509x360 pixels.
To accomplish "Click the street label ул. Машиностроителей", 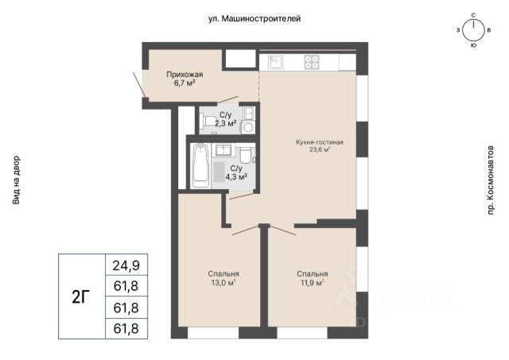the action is tap(254, 19).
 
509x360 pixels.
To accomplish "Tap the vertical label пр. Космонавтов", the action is tap(490, 180).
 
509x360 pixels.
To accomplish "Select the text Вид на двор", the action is tap(16, 180).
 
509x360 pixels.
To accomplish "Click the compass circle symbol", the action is tap(473, 30).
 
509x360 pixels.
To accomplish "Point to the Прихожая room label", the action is tap(185, 75).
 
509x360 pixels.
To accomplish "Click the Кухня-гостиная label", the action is tap(320, 142).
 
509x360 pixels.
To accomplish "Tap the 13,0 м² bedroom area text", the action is tap(223, 283).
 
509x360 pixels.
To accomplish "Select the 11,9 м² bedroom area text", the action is tap(312, 283).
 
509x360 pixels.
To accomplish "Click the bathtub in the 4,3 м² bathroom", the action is tap(200, 166).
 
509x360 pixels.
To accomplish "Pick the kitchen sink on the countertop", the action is tap(275, 62).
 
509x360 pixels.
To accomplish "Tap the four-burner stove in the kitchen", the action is tap(312, 62).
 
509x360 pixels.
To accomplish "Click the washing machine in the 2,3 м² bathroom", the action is tap(248, 127).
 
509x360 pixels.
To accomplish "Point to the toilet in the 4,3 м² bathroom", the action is tap(245, 155).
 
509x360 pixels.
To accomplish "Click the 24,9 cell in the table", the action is tap(126, 265).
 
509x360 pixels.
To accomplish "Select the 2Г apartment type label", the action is tap(80, 296).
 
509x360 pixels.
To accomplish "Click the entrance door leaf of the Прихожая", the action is tap(139, 84).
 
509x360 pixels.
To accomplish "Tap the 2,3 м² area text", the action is tap(225, 123).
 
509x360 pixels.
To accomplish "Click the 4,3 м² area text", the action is tap(236, 176).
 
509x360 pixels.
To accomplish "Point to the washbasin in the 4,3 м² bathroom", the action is tap(223, 150).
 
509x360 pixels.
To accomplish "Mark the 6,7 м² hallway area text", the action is tap(185, 83).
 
